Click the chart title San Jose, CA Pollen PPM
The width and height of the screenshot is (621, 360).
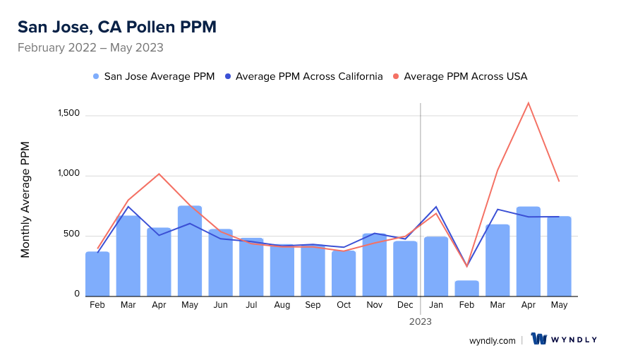coord(116,27)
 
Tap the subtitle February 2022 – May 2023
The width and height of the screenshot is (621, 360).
coord(90,48)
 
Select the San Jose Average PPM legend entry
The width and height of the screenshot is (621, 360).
coord(153,76)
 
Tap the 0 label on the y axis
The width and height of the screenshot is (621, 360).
coord(76,294)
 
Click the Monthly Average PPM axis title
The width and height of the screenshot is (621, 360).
coord(25,200)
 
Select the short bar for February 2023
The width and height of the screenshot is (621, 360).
coord(467,288)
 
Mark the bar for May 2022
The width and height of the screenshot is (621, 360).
coord(190,251)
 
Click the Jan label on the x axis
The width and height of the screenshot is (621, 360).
coord(436,305)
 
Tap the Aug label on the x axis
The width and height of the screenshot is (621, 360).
coord(282,305)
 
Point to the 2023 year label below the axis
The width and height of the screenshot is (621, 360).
coord(421,321)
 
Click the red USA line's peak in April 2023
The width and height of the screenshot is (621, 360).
coord(529,103)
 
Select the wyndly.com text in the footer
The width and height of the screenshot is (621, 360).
coord(492,340)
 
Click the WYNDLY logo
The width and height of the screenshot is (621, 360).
coord(564,340)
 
